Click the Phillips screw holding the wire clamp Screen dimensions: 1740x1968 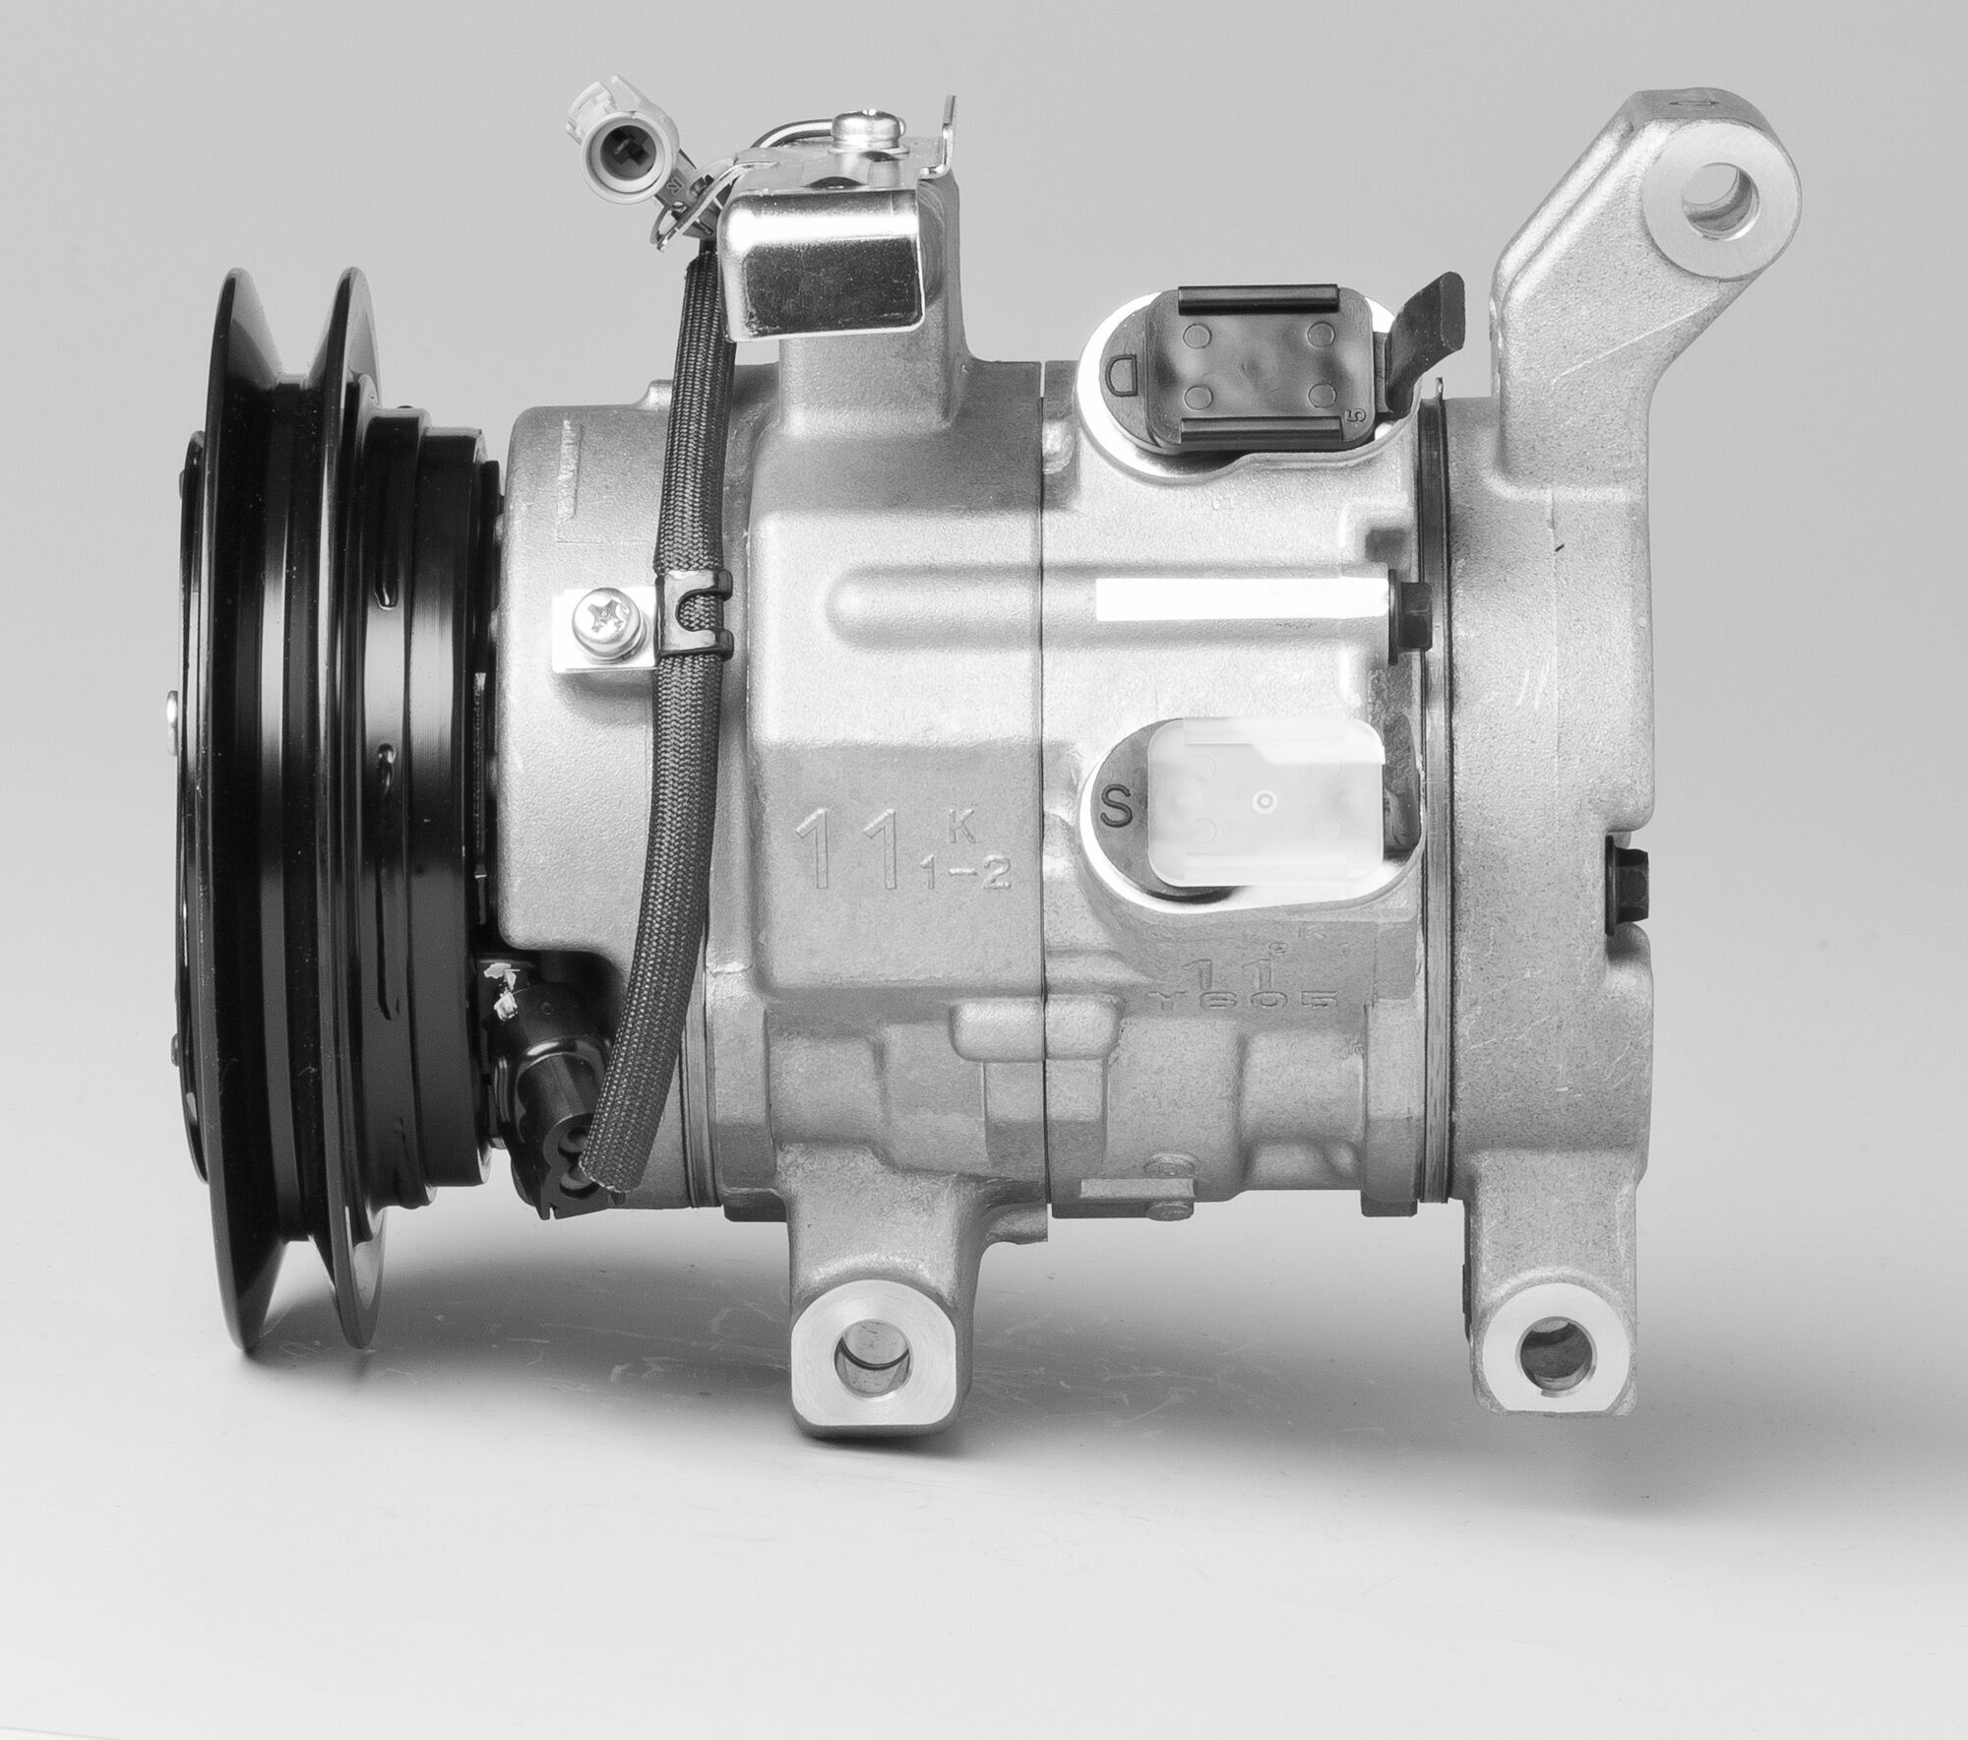pyautogui.click(x=602, y=619)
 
